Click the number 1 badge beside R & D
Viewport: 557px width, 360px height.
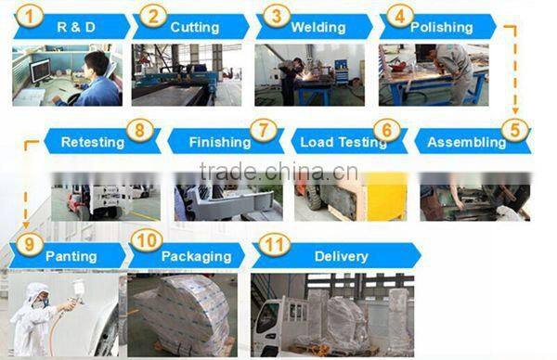point(30,17)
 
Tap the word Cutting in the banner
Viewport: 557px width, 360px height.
point(195,27)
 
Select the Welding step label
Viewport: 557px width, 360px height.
point(318,27)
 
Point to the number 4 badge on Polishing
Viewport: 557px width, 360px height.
point(400,17)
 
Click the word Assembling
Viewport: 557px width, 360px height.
point(467,142)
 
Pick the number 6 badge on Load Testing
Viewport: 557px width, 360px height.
point(387,130)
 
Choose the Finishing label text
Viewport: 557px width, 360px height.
point(220,142)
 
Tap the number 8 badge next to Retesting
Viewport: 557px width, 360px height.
point(139,130)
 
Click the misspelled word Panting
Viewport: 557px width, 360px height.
point(71,256)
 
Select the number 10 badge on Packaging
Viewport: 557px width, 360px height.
point(147,241)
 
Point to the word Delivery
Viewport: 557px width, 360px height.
point(342,256)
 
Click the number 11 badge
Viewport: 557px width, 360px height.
point(274,245)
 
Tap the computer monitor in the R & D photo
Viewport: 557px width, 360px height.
point(40,71)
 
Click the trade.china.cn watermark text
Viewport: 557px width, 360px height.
point(278,172)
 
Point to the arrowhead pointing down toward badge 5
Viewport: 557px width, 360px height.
point(515,110)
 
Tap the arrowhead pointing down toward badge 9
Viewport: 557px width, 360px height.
point(26,225)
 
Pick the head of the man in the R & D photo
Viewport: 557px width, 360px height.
point(96,64)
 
